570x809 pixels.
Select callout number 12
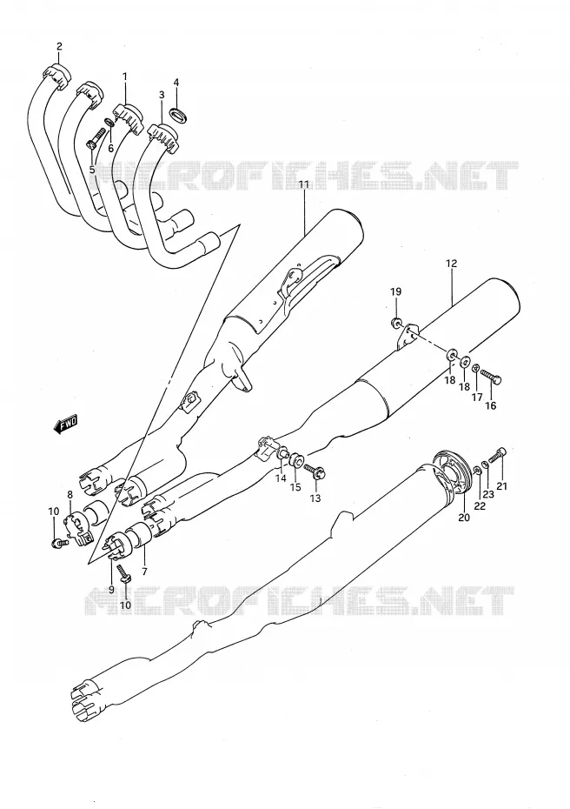pos(451,264)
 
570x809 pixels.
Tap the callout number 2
pos(59,46)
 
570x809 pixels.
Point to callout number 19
pos(395,292)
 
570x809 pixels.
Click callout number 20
pos(464,517)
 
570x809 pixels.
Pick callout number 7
pos(144,572)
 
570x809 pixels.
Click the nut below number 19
pos(397,324)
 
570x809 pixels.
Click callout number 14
pos(281,478)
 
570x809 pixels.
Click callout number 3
pos(162,95)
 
